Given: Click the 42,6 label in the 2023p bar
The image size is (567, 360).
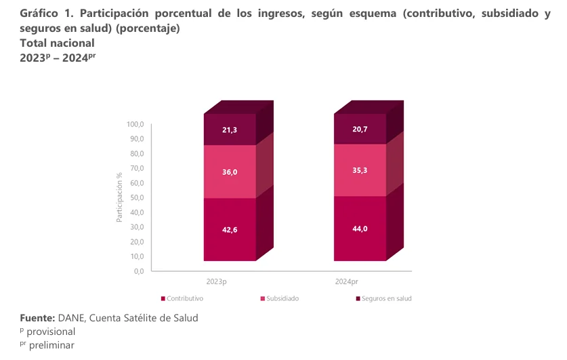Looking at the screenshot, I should [x=230, y=229].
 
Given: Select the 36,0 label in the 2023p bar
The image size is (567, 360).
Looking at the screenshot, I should [x=230, y=172].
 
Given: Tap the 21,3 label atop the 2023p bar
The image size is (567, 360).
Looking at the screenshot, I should [x=230, y=129].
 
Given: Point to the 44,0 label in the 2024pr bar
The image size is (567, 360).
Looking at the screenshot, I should [x=360, y=228].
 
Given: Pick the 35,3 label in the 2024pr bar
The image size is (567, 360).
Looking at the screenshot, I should [x=360, y=171].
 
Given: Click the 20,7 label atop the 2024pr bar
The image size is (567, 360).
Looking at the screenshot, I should [x=360, y=129].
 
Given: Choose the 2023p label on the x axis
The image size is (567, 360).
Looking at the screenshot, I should [x=216, y=281].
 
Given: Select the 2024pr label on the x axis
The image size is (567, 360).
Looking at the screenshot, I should [x=347, y=281].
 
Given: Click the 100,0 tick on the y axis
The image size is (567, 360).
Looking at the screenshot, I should [x=135, y=125].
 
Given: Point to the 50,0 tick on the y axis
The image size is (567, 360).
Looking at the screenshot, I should [x=137, y=198].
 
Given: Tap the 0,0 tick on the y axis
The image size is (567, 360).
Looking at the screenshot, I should [x=139, y=271].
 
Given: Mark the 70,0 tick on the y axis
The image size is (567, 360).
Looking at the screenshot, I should [x=137, y=169].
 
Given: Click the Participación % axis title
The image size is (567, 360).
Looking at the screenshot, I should [x=119, y=197].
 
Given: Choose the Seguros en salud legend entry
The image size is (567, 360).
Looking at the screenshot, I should [x=386, y=298].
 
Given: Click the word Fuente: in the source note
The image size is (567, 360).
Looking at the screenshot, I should [x=37, y=318].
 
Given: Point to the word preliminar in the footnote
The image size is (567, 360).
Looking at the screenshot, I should [x=51, y=345].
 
